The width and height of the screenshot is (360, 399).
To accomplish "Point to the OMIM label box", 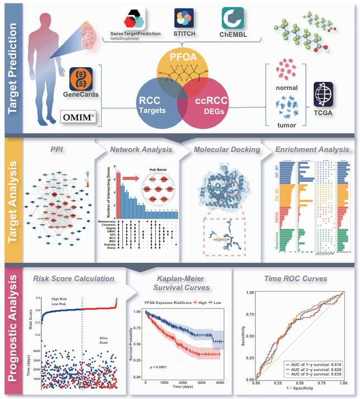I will pos(78,117).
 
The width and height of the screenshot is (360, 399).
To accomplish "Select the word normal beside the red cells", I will pos(286,88).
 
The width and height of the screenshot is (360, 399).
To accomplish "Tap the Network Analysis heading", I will pos(140,149).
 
